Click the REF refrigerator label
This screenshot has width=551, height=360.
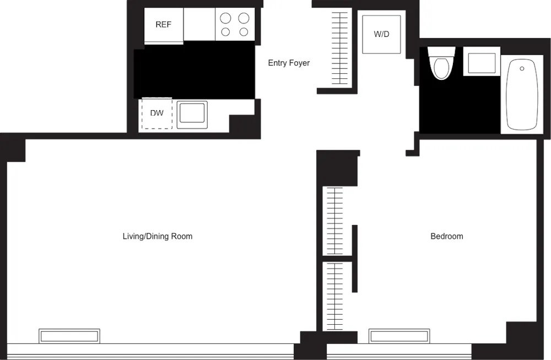163,25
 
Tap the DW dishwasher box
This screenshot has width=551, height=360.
157,114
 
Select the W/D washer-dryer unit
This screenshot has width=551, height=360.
381,34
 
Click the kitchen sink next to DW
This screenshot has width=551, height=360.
192,114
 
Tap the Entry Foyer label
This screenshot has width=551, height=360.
289,63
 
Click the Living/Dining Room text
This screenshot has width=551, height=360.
157,236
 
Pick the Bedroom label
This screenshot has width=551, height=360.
446,236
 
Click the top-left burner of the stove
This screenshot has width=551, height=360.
225,18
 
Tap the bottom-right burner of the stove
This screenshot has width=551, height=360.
244,32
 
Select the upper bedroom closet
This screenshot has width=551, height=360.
334,221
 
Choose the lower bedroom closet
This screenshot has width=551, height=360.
334,295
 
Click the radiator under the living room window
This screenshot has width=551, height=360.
69,335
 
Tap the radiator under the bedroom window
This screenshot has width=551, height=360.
399,335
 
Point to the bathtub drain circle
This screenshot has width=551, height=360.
522,69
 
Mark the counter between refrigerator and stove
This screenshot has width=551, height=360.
199,25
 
